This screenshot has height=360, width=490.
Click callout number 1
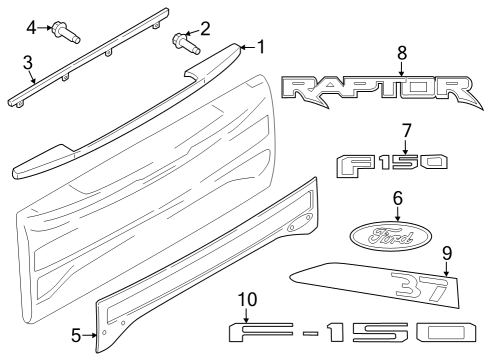[262, 46]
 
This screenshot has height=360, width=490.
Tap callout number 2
[205, 29]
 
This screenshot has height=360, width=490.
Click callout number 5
[76, 335]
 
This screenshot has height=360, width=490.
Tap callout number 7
[406, 130]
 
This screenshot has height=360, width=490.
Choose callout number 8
[401, 51]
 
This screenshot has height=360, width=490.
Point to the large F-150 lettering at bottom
[355, 333]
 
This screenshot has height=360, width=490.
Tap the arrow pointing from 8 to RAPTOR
[401, 68]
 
